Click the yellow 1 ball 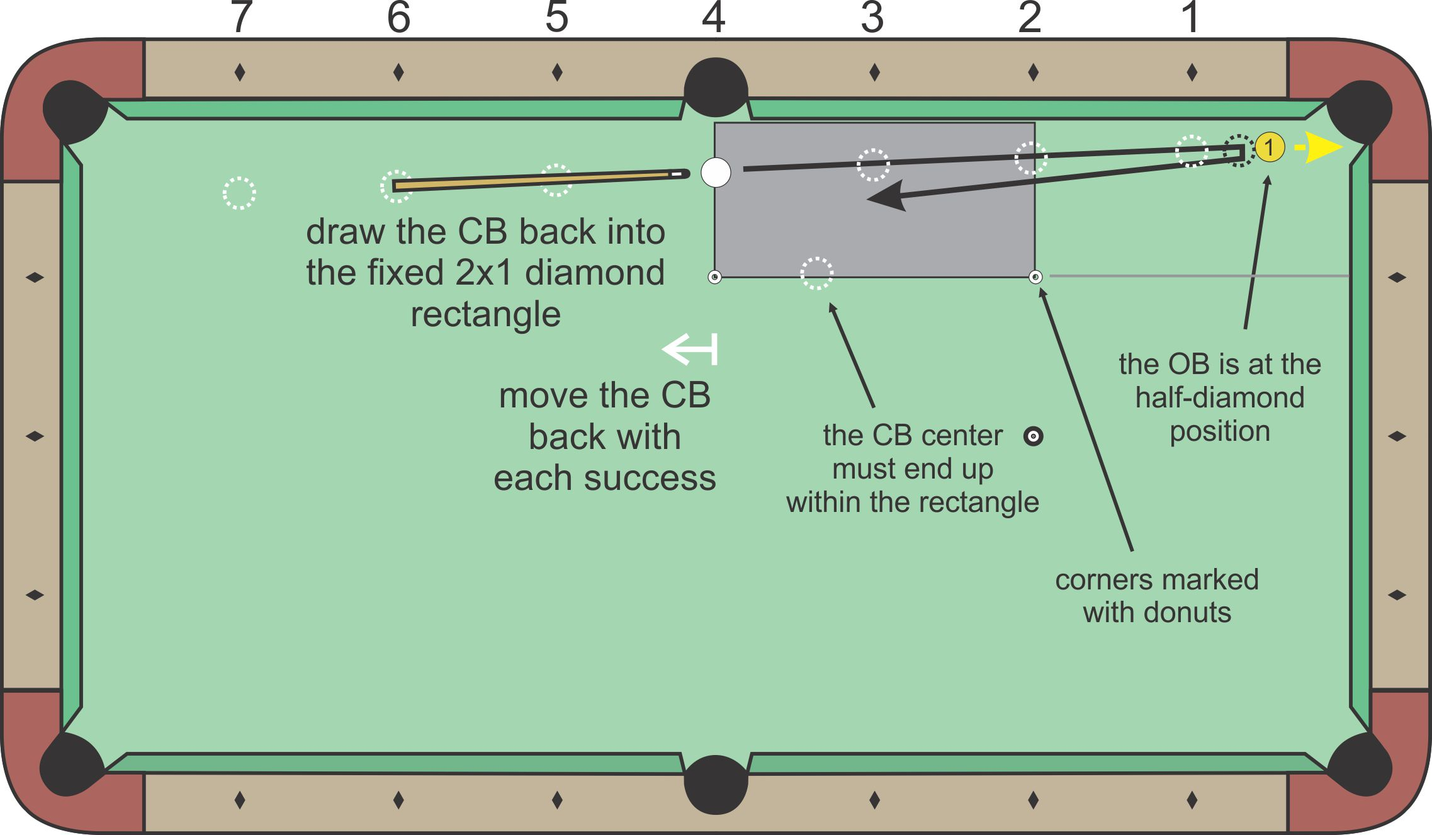tap(1270, 147)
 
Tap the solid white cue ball tap(716, 172)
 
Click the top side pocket tap(716, 87)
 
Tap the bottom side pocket tap(716, 784)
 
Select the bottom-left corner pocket tap(70, 763)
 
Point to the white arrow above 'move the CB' tap(690, 349)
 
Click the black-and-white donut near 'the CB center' tap(1033, 436)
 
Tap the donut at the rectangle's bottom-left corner tap(714, 277)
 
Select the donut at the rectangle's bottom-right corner tap(1035, 276)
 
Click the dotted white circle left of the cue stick tap(239, 193)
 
